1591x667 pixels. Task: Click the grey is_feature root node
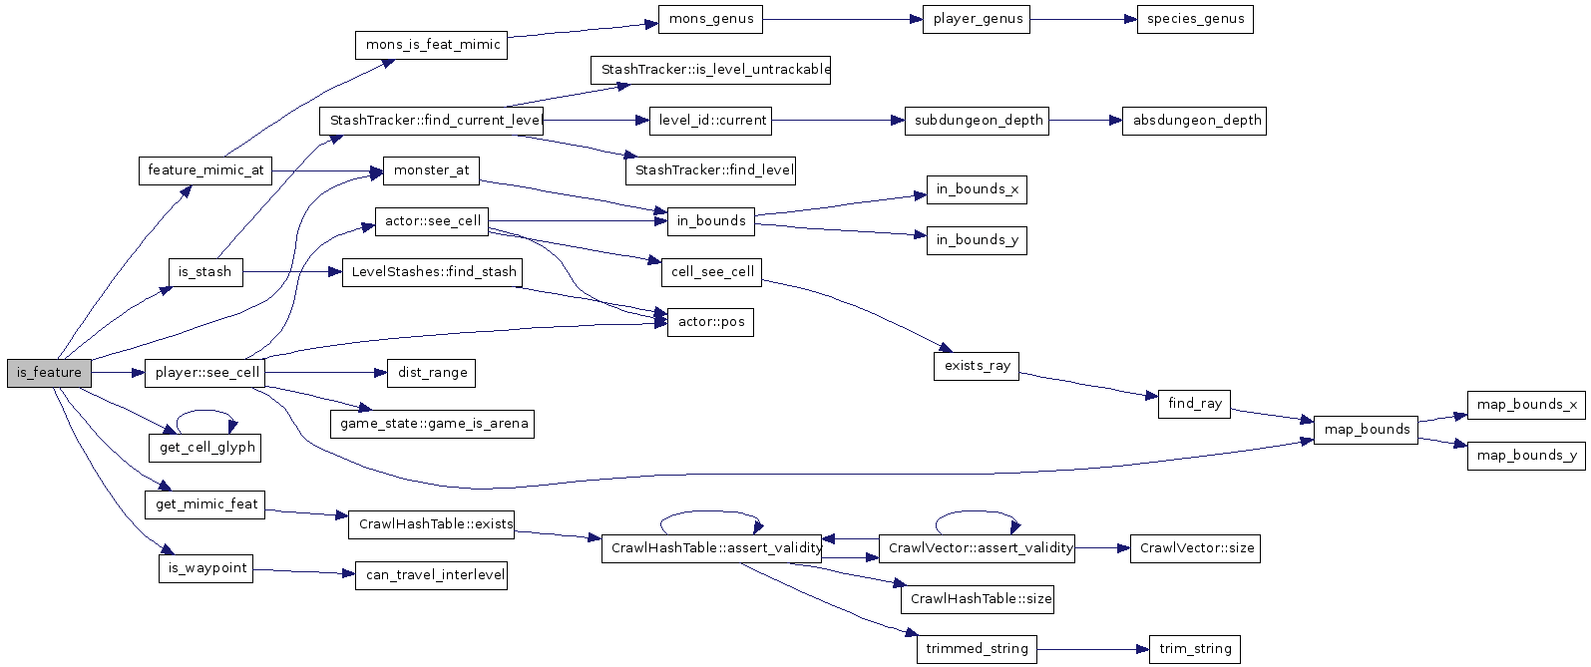click(x=49, y=373)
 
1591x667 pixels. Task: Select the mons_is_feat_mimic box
click(x=431, y=45)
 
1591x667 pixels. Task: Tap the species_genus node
click(x=1195, y=19)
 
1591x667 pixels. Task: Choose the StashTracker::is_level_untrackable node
click(x=710, y=70)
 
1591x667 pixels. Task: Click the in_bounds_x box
click(x=977, y=189)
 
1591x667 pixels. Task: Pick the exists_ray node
click(x=977, y=366)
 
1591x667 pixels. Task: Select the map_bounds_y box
click(x=1526, y=456)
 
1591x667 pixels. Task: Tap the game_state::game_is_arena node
click(x=432, y=424)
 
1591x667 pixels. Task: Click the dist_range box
click(x=432, y=373)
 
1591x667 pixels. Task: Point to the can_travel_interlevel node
click(x=431, y=575)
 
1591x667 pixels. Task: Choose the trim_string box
click(x=1195, y=649)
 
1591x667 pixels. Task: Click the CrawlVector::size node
click(x=1195, y=547)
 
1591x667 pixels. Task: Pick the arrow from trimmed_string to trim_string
click(x=1092, y=649)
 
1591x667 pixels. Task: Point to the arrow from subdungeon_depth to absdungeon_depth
click(x=1082, y=121)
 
